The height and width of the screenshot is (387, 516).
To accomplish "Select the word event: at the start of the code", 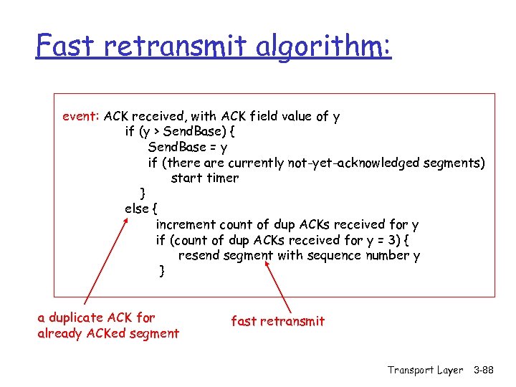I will click(x=81, y=116).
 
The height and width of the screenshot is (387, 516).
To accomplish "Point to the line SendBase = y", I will click(x=188, y=147).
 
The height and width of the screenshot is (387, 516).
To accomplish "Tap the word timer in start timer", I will click(x=222, y=178).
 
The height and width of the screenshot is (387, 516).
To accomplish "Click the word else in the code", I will click(x=136, y=209).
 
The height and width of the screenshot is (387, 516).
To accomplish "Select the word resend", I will click(x=199, y=255).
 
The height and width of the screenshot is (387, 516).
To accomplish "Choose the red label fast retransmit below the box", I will click(x=277, y=321).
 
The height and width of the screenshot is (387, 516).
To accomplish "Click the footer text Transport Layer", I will click(x=425, y=370).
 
